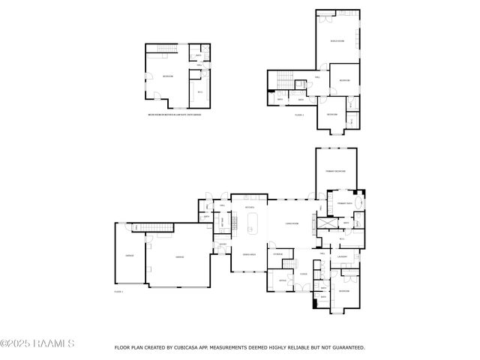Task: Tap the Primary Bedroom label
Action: point(335,172)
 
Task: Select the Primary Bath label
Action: point(344,204)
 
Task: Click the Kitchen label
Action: point(250,207)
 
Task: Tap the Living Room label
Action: point(292,223)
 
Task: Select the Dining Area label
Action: point(249,256)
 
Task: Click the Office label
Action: point(283,280)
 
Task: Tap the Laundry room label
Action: point(342,256)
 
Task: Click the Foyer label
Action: point(303,274)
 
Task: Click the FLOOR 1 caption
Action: point(118,291)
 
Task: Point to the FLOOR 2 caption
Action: point(298,115)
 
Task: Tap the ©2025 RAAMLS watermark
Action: point(37,343)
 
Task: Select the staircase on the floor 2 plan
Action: point(283,78)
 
